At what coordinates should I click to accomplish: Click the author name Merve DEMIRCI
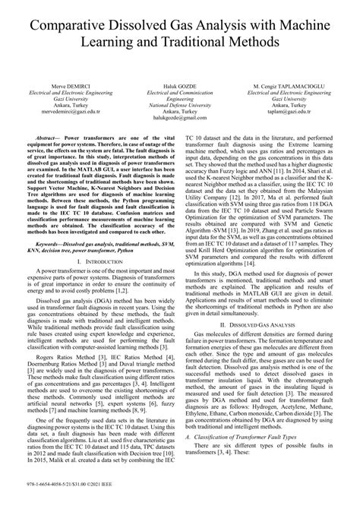pos(63,86)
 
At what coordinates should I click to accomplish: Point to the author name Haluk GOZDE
pos(179,86)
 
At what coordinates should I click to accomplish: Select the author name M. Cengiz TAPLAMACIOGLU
pos(296,86)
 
